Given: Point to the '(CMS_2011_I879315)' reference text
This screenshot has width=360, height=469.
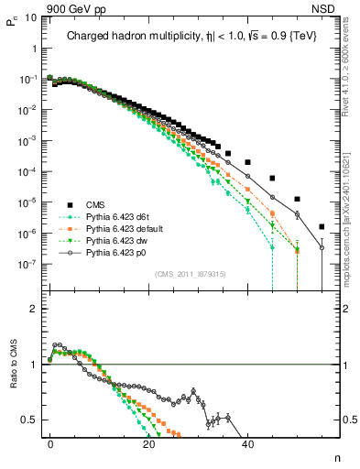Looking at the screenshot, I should tap(191, 274).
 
